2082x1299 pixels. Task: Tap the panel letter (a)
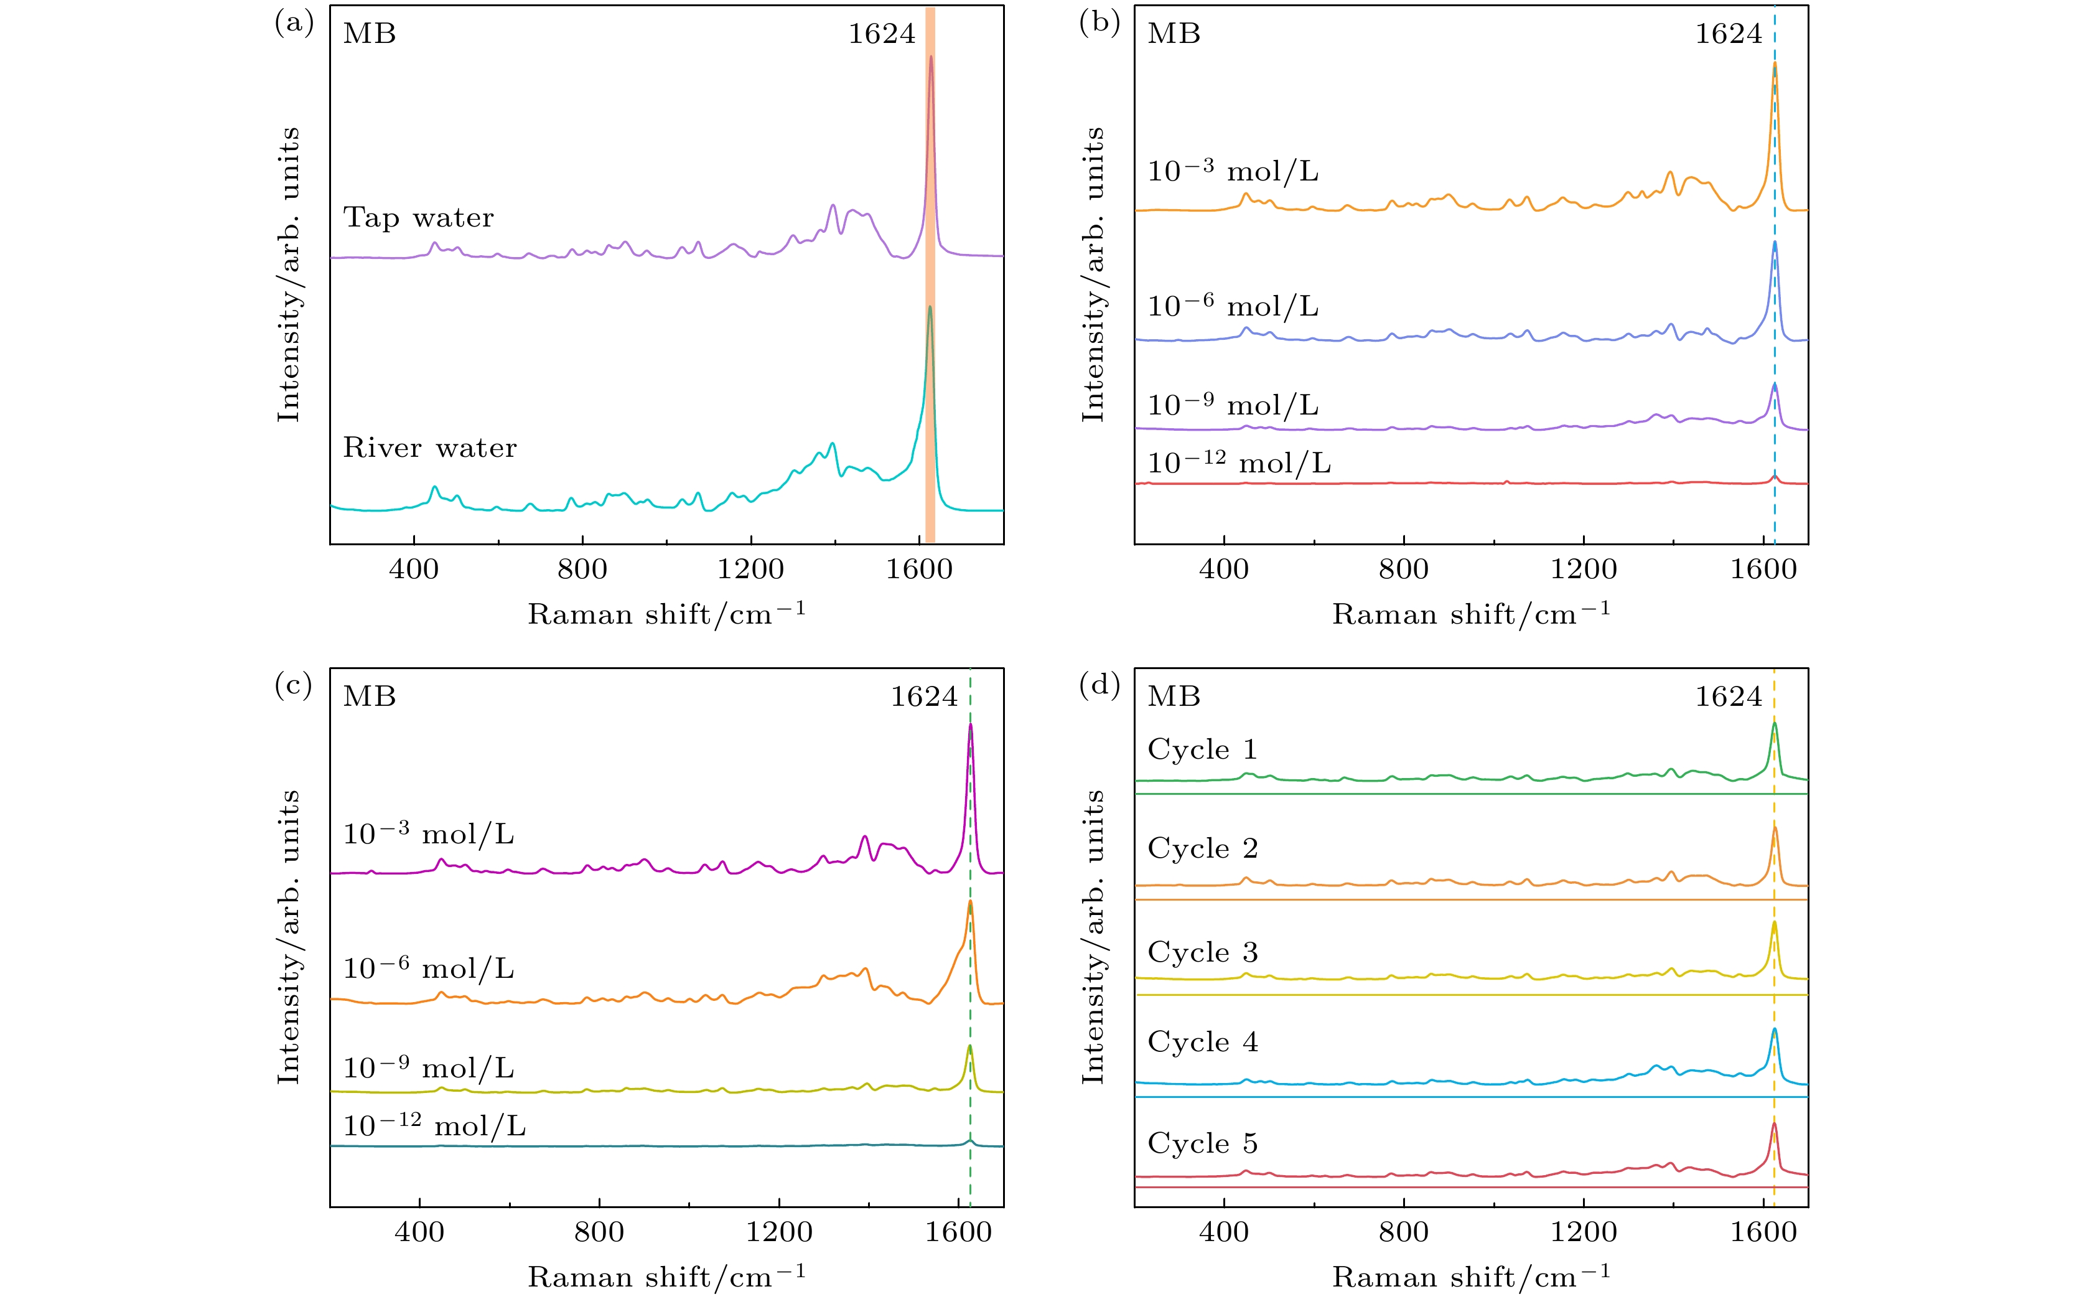tap(294, 23)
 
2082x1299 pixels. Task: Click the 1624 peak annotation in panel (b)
tap(1728, 34)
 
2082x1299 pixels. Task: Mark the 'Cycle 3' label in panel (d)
tap(1203, 952)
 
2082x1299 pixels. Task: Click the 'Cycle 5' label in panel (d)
tap(1203, 1143)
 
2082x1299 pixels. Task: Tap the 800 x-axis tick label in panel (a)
tap(582, 569)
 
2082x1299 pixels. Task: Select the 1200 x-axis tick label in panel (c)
tap(778, 1232)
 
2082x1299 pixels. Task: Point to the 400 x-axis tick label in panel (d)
tap(1224, 1232)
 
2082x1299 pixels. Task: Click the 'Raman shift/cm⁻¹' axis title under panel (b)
tap(1470, 614)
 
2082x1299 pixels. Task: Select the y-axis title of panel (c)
tap(289, 937)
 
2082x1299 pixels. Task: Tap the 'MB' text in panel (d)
tap(1174, 696)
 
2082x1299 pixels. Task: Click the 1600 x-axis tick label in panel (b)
tap(1763, 569)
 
